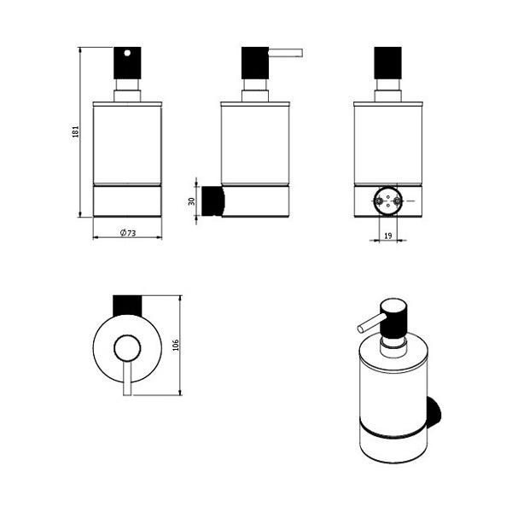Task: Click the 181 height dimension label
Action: [76, 131]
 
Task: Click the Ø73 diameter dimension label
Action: [128, 233]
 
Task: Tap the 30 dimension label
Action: [192, 201]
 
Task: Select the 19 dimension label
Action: [388, 236]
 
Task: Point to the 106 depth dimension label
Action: [176, 345]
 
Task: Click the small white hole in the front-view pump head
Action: [127, 53]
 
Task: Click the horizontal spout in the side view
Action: [286, 53]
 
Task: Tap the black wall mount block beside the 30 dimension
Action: [212, 201]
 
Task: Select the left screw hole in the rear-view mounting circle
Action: [379, 201]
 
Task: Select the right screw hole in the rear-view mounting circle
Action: [397, 201]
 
